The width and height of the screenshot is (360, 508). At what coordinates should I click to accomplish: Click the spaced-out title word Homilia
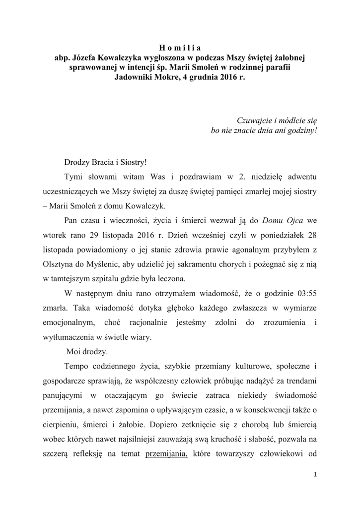180,48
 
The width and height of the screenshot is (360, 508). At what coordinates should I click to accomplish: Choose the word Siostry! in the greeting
132,162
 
